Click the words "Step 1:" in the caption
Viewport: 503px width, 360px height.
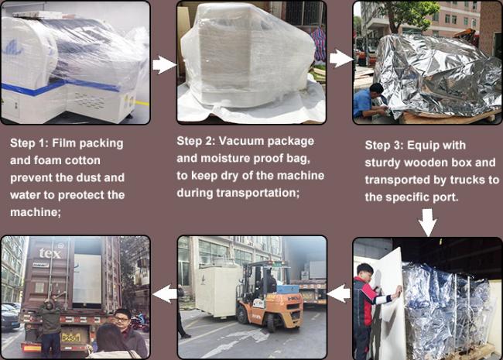point(29,143)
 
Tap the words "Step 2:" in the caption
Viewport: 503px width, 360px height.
point(196,141)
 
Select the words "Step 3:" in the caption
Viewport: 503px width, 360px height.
point(385,146)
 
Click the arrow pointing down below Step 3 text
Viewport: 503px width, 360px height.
point(428,222)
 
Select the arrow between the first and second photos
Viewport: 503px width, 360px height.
point(164,64)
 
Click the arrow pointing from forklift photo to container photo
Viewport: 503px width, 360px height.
point(164,294)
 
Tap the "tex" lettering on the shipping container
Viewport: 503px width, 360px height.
point(50,253)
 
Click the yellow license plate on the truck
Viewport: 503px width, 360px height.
point(71,338)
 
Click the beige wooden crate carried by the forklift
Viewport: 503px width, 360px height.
point(218,292)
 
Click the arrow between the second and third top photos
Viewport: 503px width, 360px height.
point(341,58)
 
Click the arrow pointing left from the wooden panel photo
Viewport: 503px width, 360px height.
point(339,293)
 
